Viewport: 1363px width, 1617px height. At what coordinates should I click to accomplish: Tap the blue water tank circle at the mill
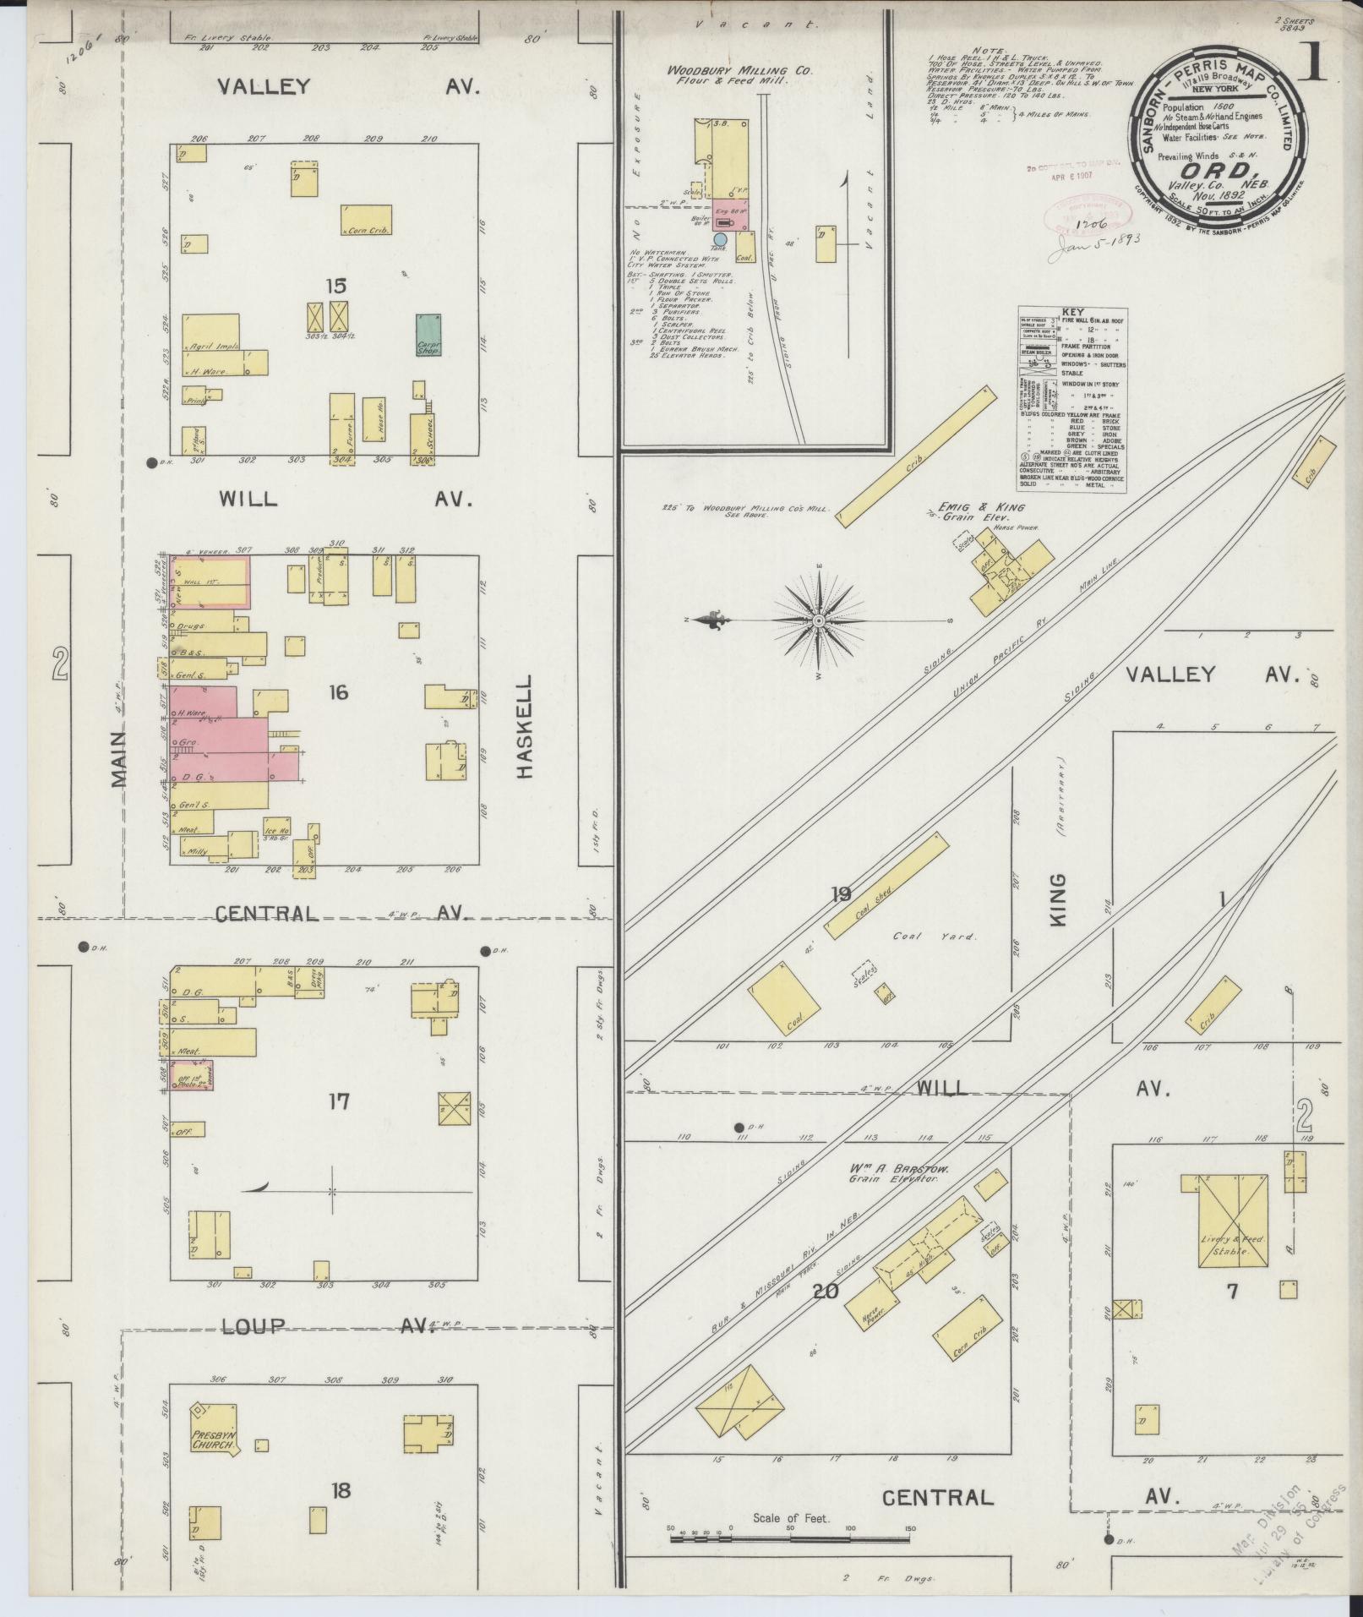point(719,239)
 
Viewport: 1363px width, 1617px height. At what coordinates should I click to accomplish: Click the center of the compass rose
point(818,621)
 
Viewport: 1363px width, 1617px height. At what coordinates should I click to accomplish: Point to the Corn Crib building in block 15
point(366,220)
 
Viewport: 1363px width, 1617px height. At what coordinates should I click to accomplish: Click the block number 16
point(338,693)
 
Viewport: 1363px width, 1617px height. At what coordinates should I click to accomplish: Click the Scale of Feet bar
point(790,1538)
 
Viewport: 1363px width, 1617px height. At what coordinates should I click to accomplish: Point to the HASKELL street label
point(524,726)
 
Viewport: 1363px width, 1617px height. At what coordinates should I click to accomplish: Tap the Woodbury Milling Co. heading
point(739,72)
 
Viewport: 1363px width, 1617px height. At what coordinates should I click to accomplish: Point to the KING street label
point(1059,901)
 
